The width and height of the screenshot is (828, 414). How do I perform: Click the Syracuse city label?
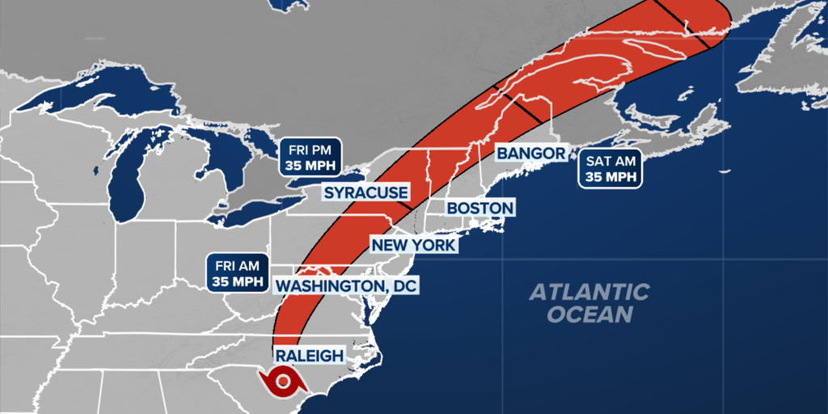tap(365, 192)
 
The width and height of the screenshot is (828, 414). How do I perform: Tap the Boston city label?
tap(479, 208)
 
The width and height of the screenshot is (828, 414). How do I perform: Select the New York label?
tap(413, 244)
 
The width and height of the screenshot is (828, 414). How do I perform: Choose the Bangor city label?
tap(530, 153)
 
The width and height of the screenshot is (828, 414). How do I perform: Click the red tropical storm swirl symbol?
tap(282, 381)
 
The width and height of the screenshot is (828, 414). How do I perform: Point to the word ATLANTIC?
tap(589, 292)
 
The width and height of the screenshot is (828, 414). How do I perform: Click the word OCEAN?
tap(589, 314)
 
